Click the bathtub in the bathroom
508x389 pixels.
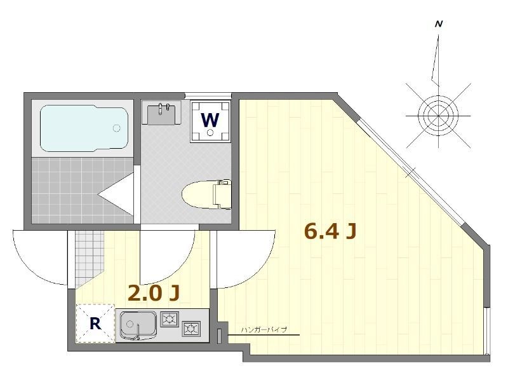click(84, 128)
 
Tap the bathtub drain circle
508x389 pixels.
click(116, 128)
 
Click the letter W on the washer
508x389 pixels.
click(210, 120)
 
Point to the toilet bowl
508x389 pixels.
click(206, 194)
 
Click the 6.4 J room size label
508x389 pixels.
click(330, 231)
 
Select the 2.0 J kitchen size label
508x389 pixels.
click(153, 294)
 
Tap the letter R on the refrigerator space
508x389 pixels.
click(95, 323)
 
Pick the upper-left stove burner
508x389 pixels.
click(170, 319)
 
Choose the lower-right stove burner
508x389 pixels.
click(191, 329)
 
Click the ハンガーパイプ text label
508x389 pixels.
click(264, 330)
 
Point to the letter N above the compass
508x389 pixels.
click(439, 24)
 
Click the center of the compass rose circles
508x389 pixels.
click(438, 116)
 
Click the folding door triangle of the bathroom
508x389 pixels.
click(116, 194)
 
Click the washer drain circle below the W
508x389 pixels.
click(210, 132)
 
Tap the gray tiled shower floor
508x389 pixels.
click(83, 191)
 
